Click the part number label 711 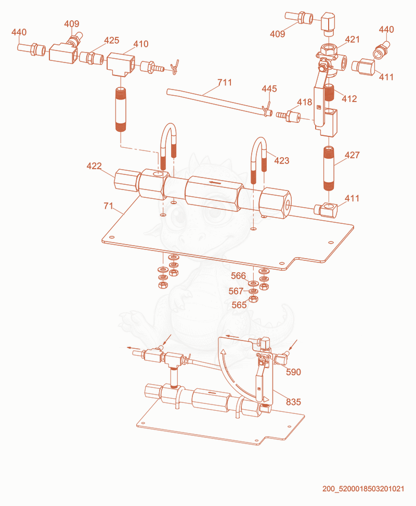(x=225, y=83)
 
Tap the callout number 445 (x=269, y=88)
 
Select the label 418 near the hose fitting (x=304, y=103)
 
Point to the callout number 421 (x=352, y=40)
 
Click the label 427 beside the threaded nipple (x=352, y=155)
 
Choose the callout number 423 (x=282, y=161)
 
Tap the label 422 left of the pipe (x=94, y=166)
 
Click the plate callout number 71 (x=108, y=206)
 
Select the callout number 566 (x=238, y=276)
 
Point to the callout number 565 (x=239, y=305)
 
